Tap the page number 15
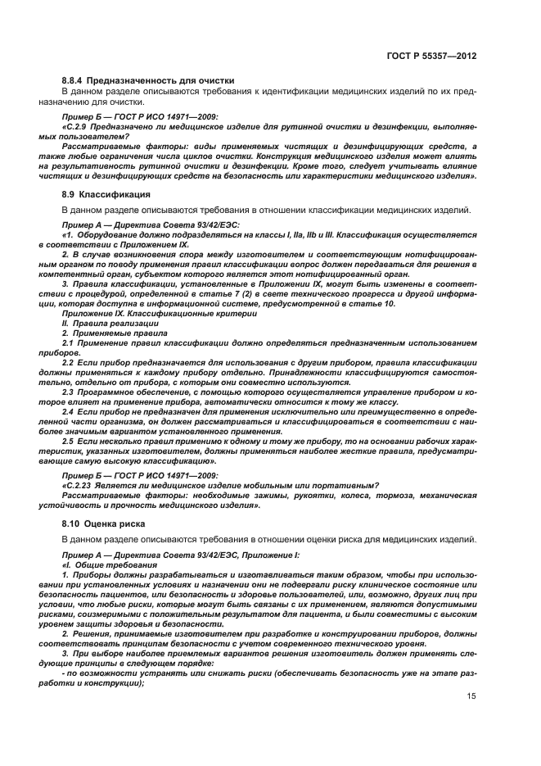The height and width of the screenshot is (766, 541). coord(471,696)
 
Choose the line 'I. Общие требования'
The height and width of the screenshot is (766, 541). coord(104,565)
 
